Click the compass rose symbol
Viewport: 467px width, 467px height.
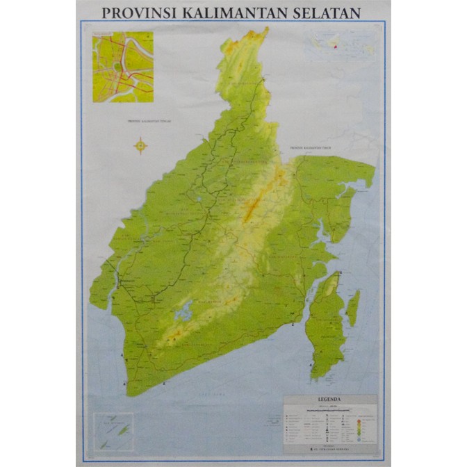pos(141,146)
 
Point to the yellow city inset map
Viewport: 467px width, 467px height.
pos(122,66)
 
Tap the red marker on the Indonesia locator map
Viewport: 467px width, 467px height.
pos(336,47)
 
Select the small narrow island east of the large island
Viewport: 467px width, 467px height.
pos(354,308)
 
